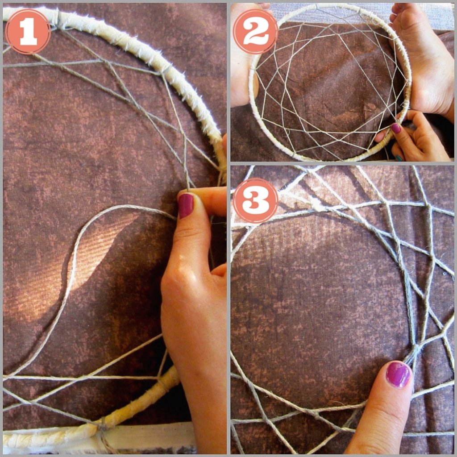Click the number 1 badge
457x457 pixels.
tap(28, 32)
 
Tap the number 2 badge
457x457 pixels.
tap(256, 32)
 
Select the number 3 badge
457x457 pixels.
tap(256, 200)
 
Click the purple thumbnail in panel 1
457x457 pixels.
tap(186, 205)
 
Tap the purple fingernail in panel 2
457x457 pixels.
tap(396, 128)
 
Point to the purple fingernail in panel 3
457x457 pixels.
tap(398, 374)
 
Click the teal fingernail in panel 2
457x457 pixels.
tap(399, 158)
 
